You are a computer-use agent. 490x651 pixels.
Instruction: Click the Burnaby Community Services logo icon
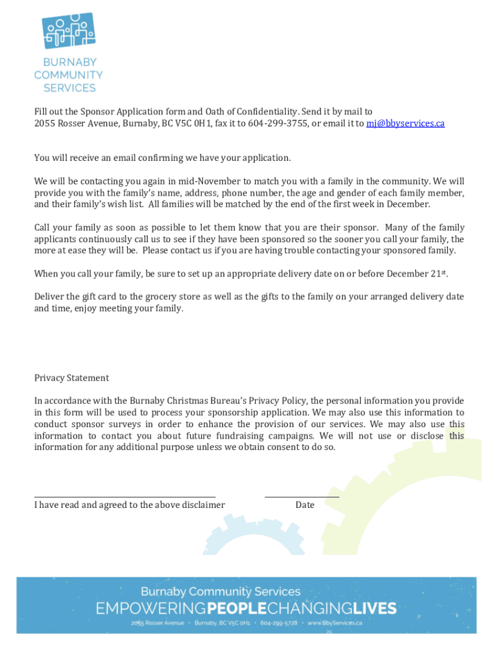[68, 30]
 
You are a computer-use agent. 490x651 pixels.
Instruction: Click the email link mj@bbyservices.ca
[405, 123]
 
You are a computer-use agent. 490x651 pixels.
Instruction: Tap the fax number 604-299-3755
[277, 123]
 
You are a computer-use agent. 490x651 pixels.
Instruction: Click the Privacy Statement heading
[71, 378]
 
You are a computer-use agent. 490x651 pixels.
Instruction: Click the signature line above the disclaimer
[125, 497]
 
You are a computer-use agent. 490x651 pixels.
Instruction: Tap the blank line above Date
[302, 497]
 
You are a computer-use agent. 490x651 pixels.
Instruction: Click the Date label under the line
[305, 505]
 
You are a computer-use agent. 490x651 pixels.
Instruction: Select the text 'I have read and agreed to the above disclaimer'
[129, 505]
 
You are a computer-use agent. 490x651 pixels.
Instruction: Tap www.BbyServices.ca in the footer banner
[335, 624]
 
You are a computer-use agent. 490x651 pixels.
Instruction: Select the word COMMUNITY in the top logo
[69, 75]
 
